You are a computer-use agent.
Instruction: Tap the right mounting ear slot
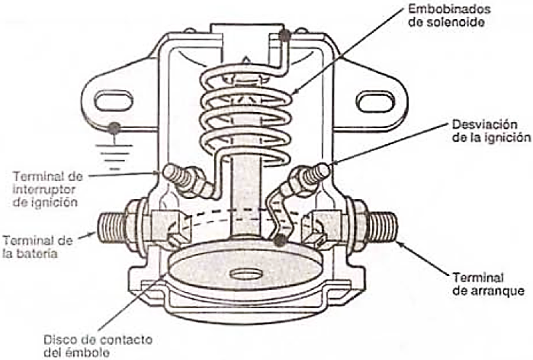(x=375, y=101)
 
